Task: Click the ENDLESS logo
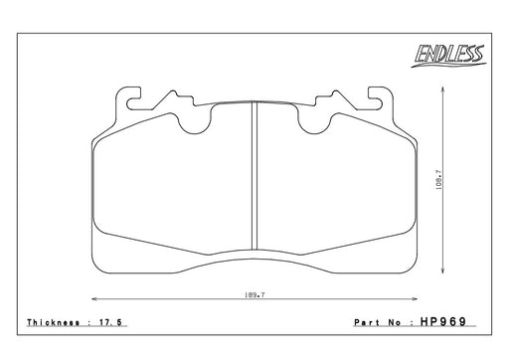tap(449, 56)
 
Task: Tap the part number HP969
tap(443, 321)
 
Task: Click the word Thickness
tap(54, 322)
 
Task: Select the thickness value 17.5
tap(110, 322)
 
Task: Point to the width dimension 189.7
tap(254, 294)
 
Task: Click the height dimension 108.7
tap(439, 179)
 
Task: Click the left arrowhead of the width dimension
tap(94, 299)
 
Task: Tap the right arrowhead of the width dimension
tap(415, 299)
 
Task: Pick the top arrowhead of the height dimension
tap(442, 90)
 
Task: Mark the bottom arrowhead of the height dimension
tap(442, 270)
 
